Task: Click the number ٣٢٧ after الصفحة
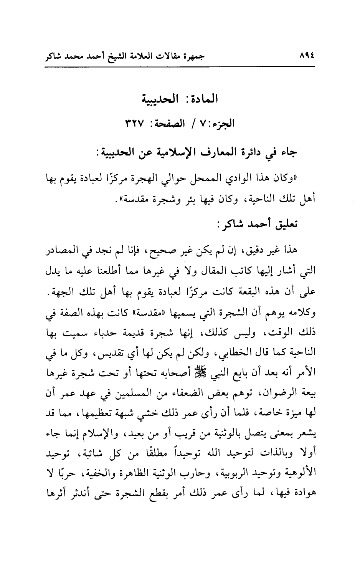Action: click(134, 124)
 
